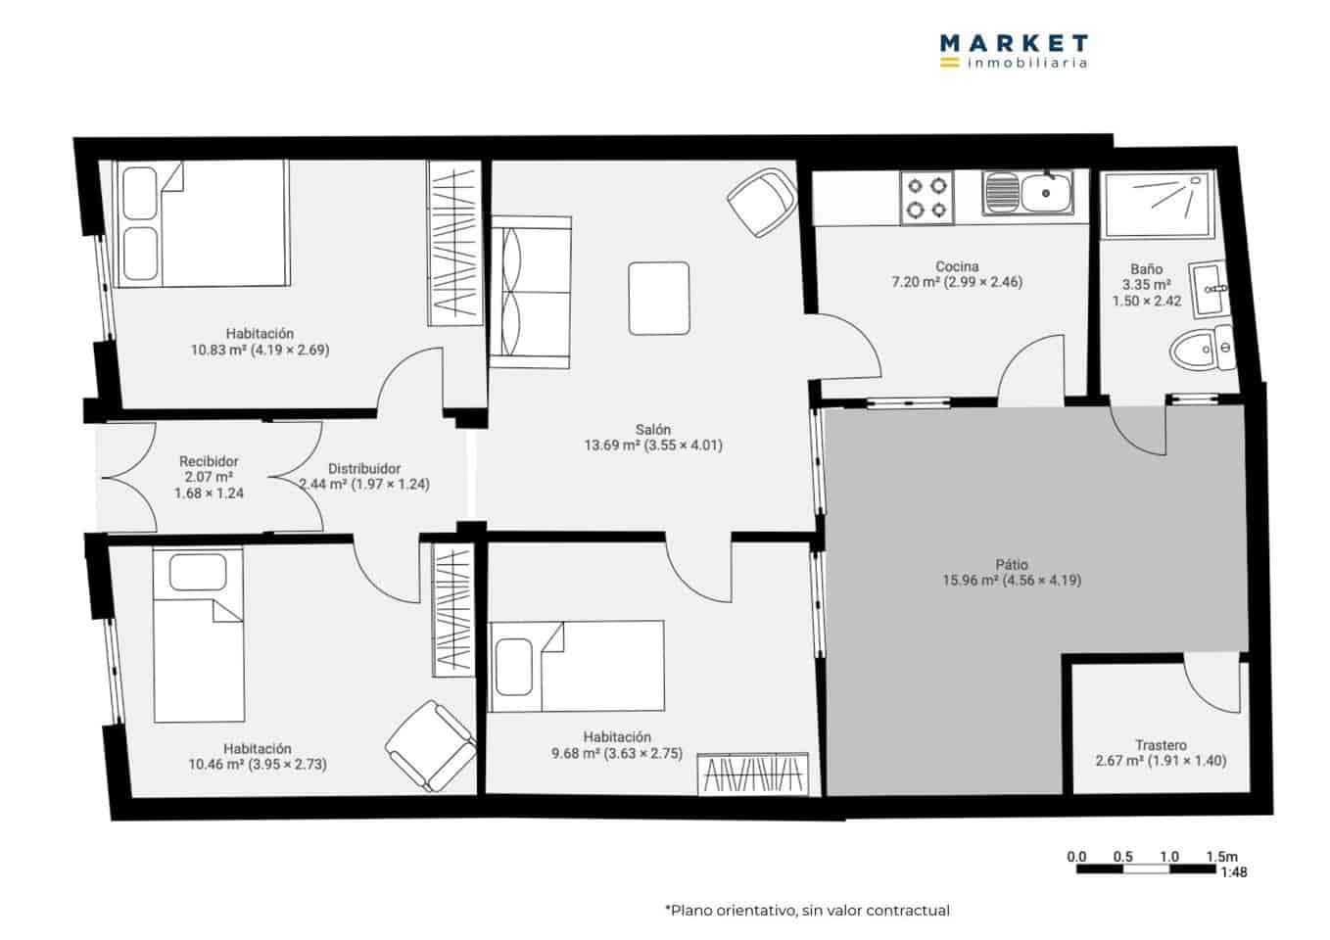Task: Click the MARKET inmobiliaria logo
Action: [1013, 51]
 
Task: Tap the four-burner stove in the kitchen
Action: [926, 197]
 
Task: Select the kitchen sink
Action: [1028, 193]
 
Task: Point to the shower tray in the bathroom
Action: [1158, 206]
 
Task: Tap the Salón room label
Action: [652, 429]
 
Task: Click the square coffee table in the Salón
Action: [658, 298]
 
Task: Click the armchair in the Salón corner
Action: [763, 202]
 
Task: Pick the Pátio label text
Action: [1012, 564]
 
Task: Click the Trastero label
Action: [1161, 744]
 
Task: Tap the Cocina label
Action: [956, 266]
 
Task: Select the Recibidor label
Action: [209, 461]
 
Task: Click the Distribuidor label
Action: [363, 468]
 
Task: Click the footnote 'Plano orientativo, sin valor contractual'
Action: [807, 911]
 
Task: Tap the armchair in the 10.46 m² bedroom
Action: [431, 745]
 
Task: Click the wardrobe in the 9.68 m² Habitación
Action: [754, 774]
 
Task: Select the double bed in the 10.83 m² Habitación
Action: [202, 223]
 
